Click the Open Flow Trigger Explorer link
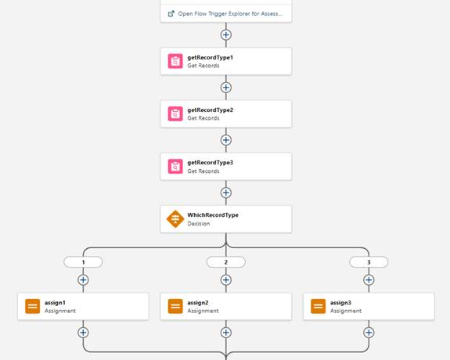(x=225, y=14)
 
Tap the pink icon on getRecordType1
(x=175, y=61)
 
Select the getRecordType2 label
(x=211, y=110)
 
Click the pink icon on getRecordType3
(x=175, y=167)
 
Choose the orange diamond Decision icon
(x=175, y=219)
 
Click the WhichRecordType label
(x=213, y=215)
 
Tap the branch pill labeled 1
(x=83, y=262)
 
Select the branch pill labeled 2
(x=226, y=262)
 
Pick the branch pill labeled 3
(x=369, y=262)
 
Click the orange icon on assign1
(x=32, y=306)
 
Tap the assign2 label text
(x=198, y=303)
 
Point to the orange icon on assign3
(x=319, y=306)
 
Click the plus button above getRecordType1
(x=226, y=34)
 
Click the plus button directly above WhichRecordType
(x=226, y=193)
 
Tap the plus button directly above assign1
(x=83, y=280)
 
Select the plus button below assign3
(x=369, y=333)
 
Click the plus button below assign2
(x=226, y=333)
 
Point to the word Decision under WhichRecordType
(x=199, y=224)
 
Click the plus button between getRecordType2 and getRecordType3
(x=226, y=140)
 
